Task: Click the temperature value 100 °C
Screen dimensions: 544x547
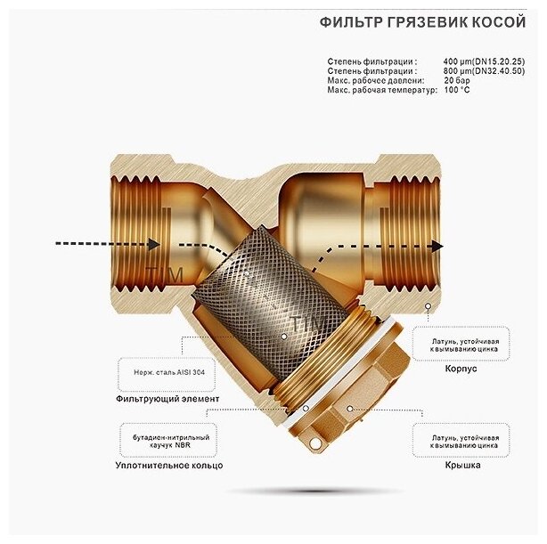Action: click(458, 91)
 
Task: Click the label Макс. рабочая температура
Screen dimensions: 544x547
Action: click(382, 91)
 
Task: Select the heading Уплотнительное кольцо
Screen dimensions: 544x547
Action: click(168, 465)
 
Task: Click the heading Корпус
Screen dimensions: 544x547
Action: click(461, 367)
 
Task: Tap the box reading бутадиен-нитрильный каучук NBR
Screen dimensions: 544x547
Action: click(167, 438)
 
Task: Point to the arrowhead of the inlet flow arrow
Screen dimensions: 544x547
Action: click(154, 244)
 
